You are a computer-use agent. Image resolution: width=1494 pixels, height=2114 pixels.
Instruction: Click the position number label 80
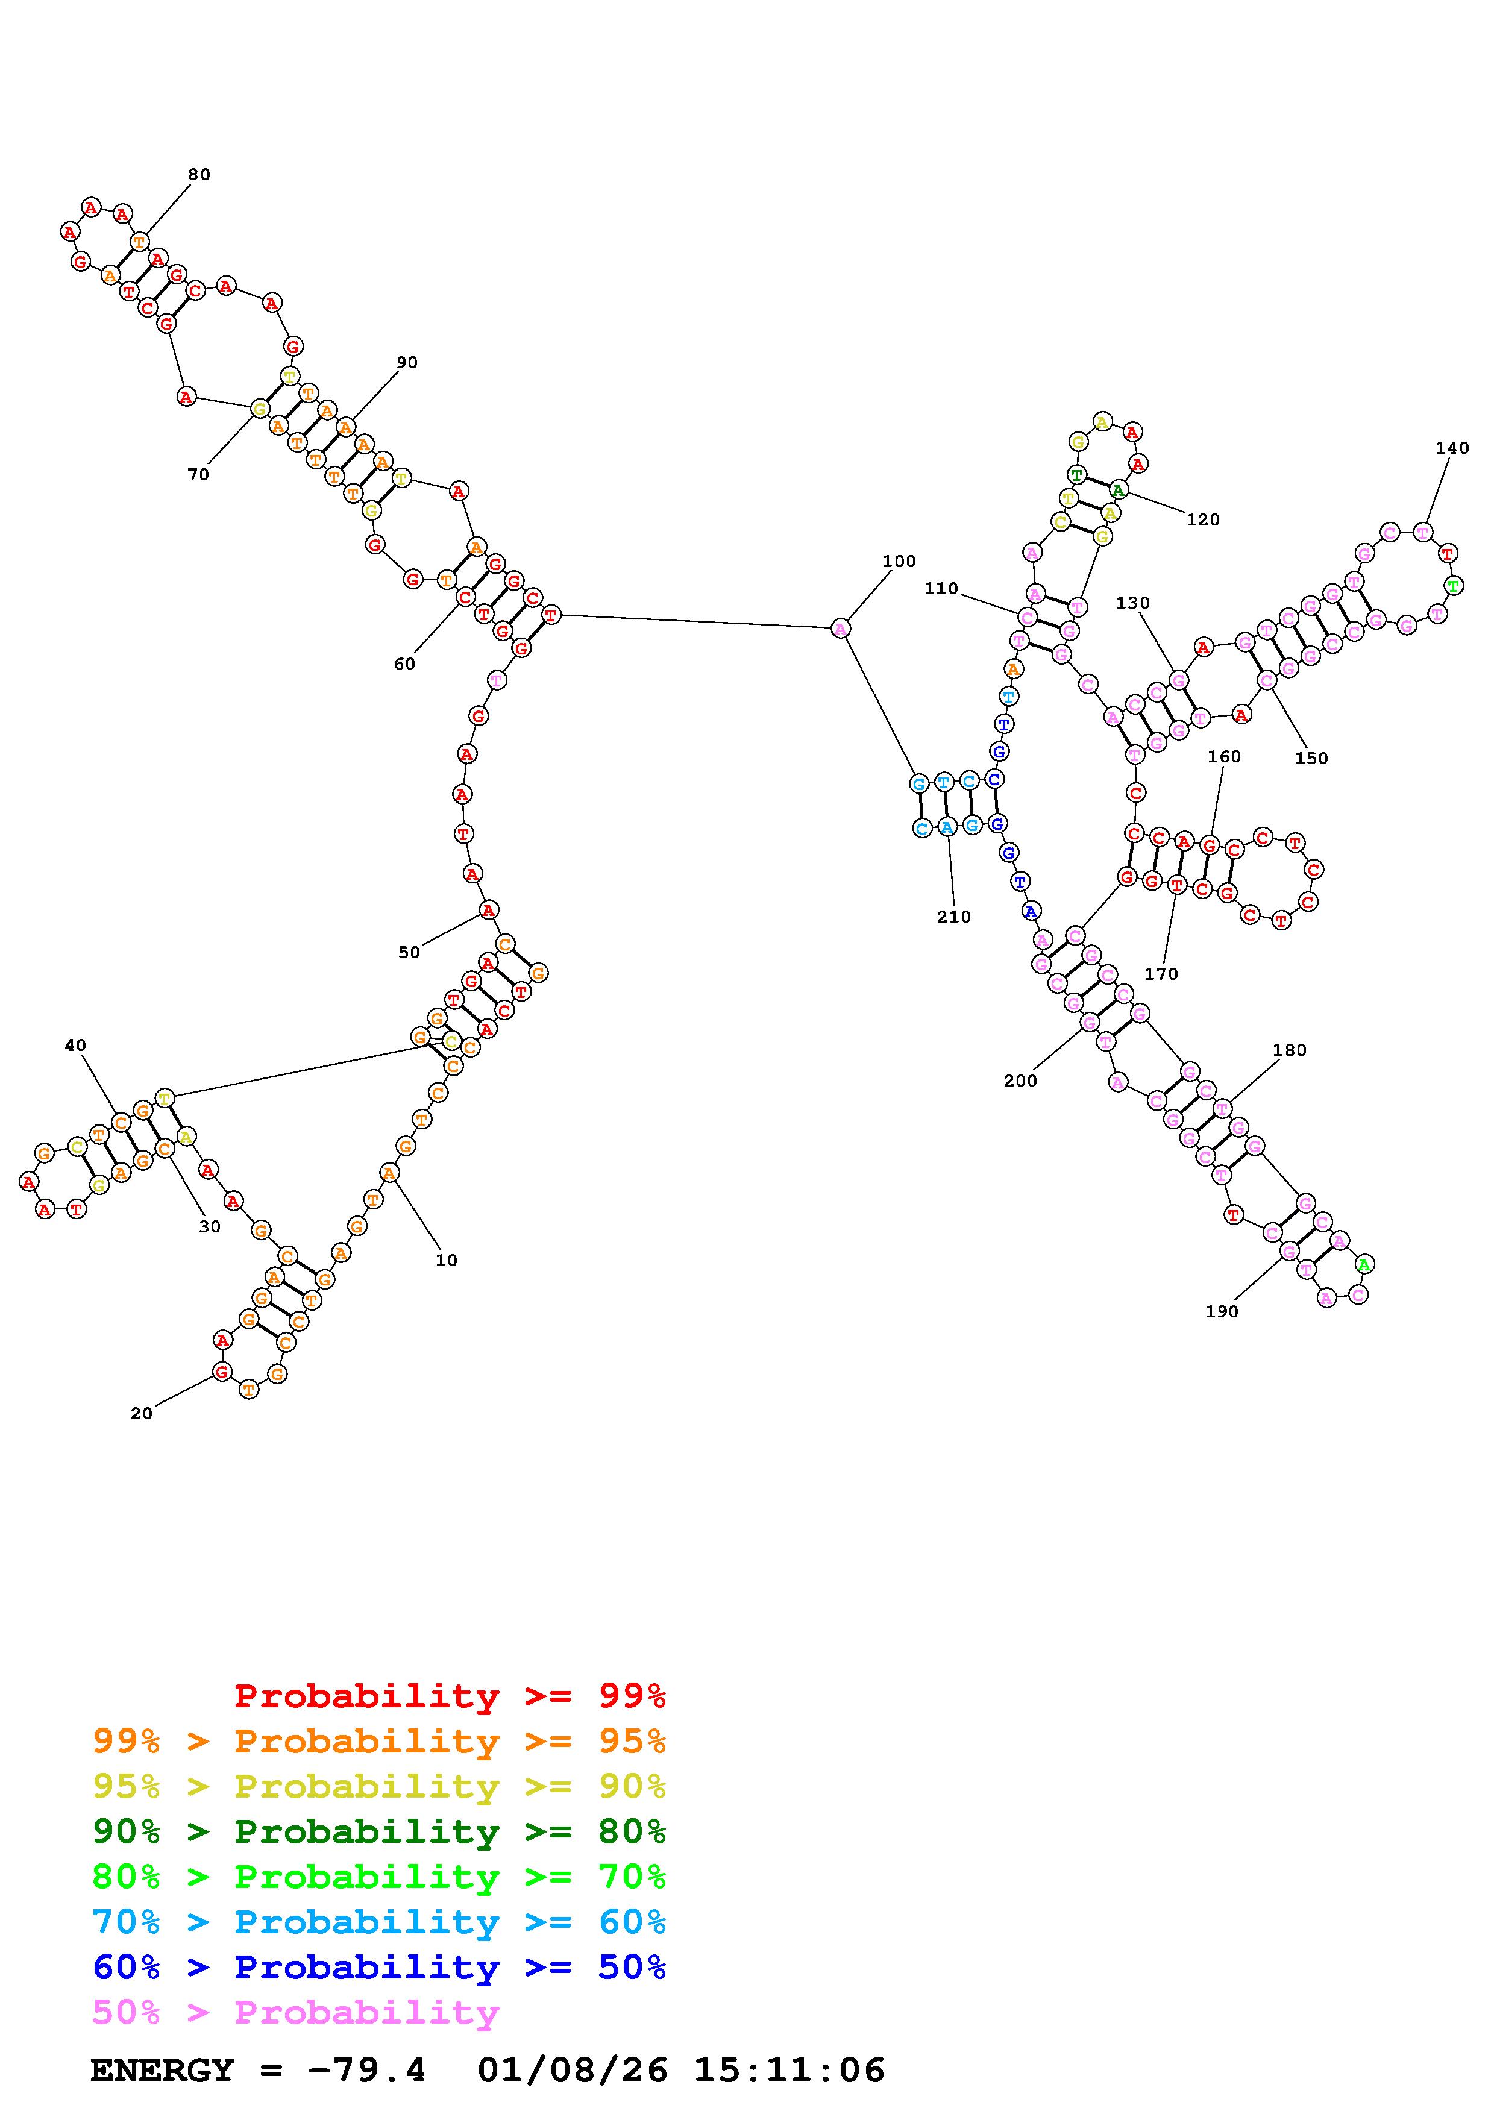pos(199,175)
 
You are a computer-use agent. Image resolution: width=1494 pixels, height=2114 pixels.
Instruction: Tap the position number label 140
pos(1452,448)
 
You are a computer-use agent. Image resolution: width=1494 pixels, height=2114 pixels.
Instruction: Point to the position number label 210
pos(953,917)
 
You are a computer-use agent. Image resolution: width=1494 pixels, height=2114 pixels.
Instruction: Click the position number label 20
pos(141,1413)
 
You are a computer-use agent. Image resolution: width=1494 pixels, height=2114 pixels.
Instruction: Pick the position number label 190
pos(1222,1312)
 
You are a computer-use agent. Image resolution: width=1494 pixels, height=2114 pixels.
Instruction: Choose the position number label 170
pos(1161,974)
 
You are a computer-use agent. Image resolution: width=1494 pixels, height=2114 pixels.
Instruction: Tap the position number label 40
pos(75,1045)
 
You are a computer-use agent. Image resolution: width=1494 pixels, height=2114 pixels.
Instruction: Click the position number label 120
pos(1202,520)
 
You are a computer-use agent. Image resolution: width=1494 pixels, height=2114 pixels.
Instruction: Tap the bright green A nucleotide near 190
pos(1364,1264)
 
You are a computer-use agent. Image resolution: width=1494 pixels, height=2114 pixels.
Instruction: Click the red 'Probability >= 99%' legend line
pos(449,1696)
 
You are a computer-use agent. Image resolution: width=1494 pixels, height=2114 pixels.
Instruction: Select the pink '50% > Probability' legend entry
pos(295,2012)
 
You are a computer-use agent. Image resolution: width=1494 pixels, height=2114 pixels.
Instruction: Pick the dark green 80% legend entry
pos(379,1831)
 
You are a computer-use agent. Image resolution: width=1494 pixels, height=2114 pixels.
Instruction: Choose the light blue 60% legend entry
pos(379,1922)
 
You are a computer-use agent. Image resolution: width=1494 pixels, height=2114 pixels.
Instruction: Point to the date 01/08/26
pos(573,2070)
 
